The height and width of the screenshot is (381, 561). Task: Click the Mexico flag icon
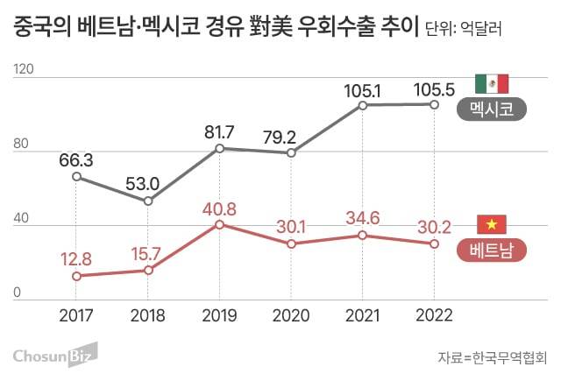tap(491, 84)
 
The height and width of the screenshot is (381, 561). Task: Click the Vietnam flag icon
tap(491, 224)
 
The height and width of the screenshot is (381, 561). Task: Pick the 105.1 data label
tap(362, 89)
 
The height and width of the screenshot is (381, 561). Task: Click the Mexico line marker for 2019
tap(219, 149)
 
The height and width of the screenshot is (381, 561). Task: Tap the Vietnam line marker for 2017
tap(76, 276)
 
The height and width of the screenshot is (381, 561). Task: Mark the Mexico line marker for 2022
tap(433, 104)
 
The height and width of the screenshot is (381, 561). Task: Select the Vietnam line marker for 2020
tap(291, 243)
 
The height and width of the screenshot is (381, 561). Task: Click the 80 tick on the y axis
tap(22, 151)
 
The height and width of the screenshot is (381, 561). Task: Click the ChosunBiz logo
tap(54, 355)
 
